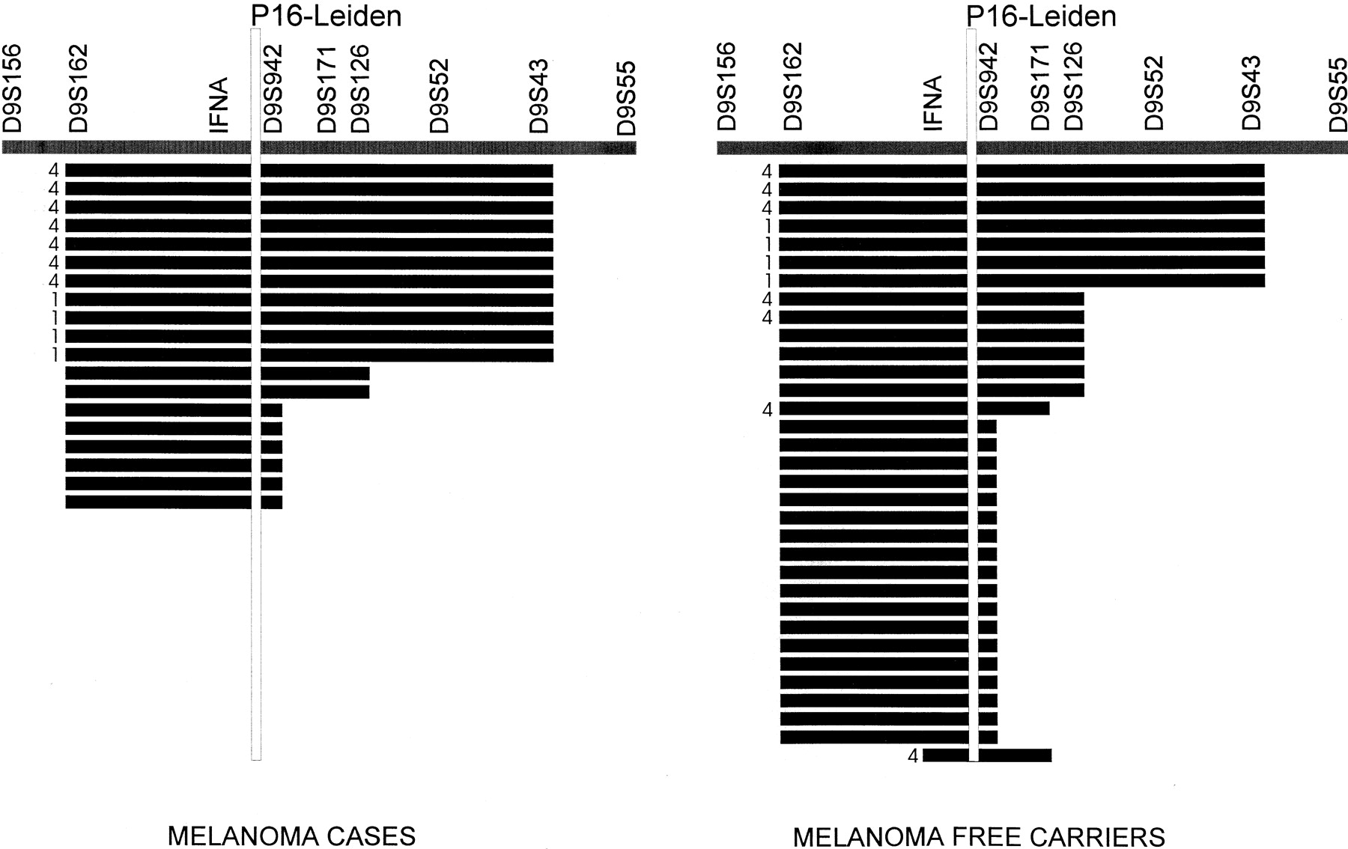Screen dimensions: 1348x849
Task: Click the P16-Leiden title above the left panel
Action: tap(326, 15)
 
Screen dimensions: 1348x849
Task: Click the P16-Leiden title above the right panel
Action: tap(1041, 15)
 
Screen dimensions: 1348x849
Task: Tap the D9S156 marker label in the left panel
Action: tap(14, 88)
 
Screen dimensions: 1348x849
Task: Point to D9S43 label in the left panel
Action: tap(538, 95)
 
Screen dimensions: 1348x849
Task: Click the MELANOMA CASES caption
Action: tap(291, 836)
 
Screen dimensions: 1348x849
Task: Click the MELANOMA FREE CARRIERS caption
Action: tap(979, 836)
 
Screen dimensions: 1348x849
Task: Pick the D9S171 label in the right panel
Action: tap(1041, 88)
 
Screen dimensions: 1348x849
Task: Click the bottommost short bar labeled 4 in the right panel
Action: tap(987, 755)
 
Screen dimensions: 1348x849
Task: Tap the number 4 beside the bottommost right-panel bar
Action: tap(913, 756)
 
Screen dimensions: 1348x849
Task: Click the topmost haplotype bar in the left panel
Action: tap(309, 171)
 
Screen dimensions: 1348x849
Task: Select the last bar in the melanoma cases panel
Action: tap(174, 502)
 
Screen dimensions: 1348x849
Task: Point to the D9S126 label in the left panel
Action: tap(360, 88)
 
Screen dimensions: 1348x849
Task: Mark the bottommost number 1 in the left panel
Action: tap(55, 355)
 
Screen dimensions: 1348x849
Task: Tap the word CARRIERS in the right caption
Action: tap(1100, 836)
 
